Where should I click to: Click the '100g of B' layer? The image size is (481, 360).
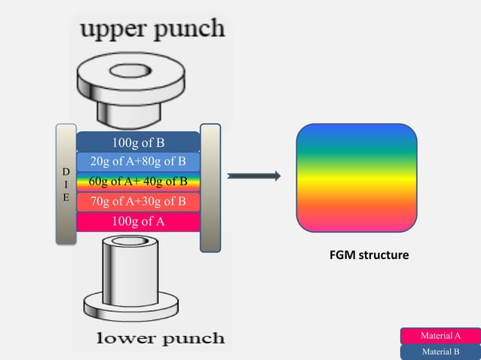tap(138, 142)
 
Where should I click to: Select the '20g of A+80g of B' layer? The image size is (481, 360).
tap(138, 161)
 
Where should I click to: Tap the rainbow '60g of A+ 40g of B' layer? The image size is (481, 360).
tap(138, 182)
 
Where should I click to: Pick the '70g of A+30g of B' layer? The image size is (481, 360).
tap(138, 201)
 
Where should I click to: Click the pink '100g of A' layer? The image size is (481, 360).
tap(138, 221)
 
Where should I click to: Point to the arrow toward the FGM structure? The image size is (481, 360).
tap(253, 177)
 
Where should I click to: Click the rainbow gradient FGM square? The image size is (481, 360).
tap(356, 176)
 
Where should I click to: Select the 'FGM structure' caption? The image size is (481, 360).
tap(365, 256)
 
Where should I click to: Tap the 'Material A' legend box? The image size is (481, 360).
tap(440, 336)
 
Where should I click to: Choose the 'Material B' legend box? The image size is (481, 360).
tap(440, 352)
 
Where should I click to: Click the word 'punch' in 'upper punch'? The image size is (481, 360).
tap(188, 30)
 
